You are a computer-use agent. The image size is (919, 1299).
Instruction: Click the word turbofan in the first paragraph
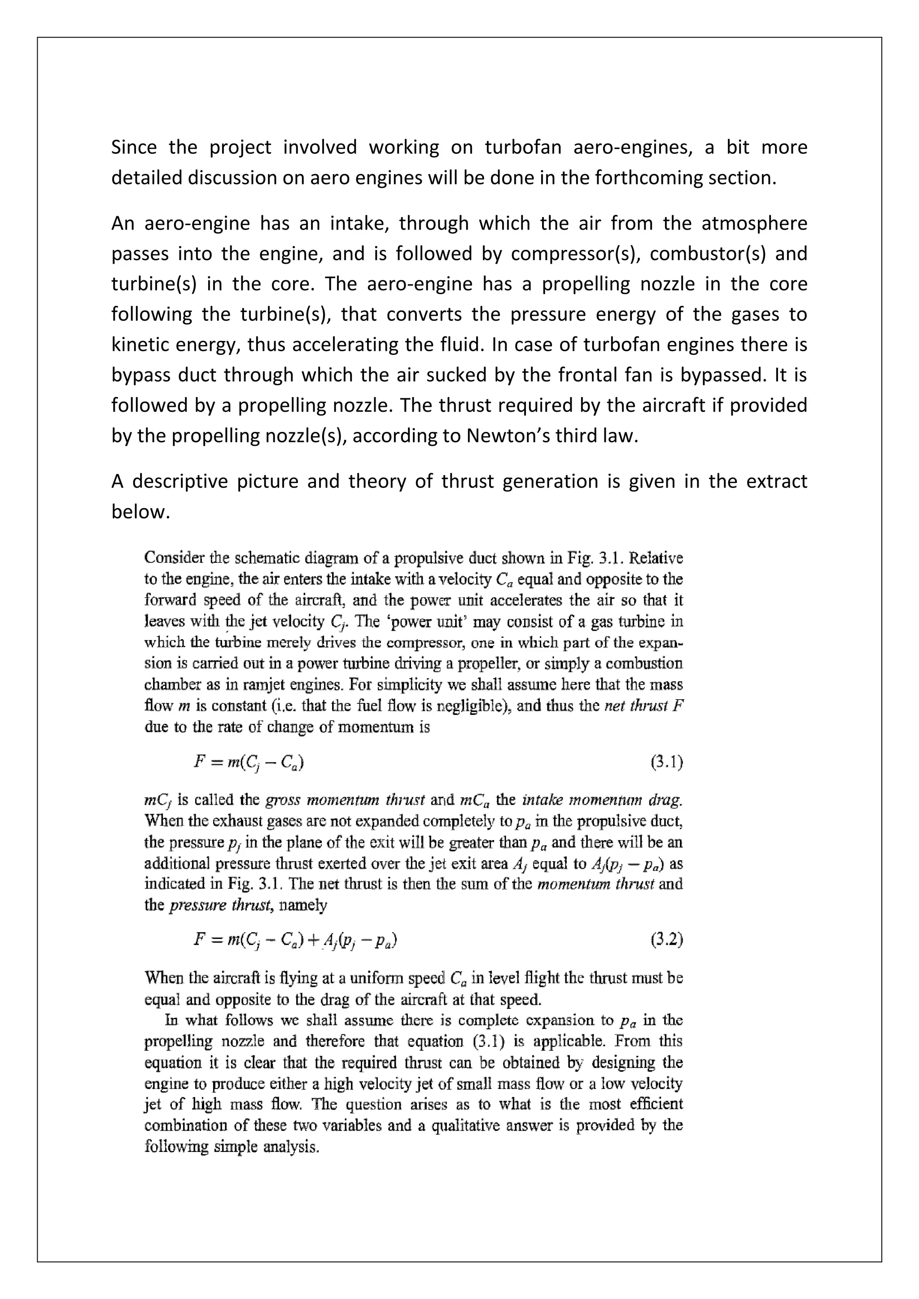pos(523,147)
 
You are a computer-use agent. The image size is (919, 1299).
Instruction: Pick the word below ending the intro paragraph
pos(140,511)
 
